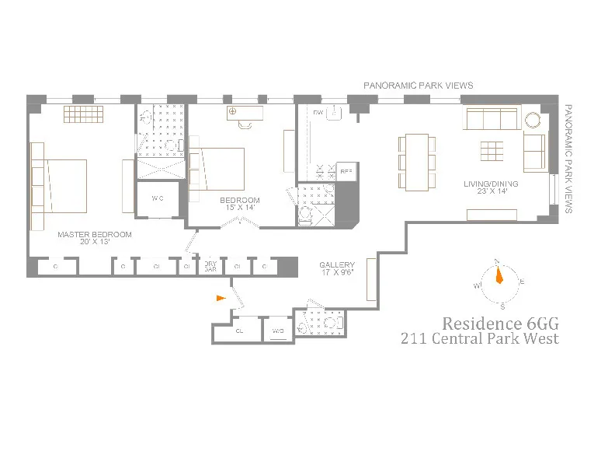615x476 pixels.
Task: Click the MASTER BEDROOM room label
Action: coord(94,234)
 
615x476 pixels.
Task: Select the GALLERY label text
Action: coord(337,265)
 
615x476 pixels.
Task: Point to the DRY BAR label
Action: coord(210,267)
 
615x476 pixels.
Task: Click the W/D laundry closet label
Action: coord(277,331)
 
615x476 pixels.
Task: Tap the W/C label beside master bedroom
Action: coord(158,198)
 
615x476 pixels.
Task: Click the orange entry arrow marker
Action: coord(221,297)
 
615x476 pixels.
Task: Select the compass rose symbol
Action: coord(498,276)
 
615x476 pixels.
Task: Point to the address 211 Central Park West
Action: coord(479,338)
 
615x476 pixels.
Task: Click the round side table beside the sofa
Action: coord(535,121)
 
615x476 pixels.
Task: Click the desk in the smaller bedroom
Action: coord(245,114)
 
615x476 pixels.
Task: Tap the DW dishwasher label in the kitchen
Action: coord(318,114)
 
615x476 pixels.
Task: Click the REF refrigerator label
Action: coord(346,170)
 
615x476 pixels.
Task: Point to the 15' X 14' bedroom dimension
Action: coord(239,208)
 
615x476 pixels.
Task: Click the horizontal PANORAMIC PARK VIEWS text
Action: coord(419,86)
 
